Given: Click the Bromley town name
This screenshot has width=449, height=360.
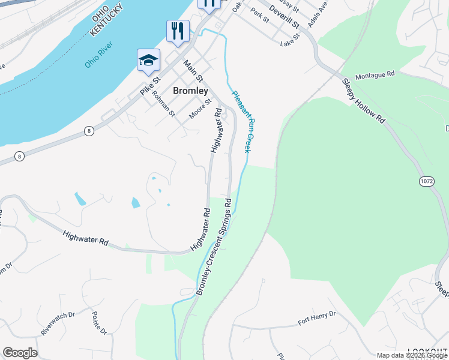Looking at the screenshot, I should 190,91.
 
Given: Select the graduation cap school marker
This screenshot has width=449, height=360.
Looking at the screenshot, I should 148,60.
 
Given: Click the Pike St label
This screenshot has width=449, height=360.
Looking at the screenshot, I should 151,84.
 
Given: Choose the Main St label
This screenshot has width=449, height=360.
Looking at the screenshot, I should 194,71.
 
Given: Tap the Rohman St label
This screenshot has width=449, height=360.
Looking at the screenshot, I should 163,103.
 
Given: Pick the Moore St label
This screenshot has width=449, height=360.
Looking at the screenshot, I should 201,109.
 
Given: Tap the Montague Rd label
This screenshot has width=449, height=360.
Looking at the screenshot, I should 375,76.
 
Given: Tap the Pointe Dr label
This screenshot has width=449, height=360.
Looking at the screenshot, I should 99,323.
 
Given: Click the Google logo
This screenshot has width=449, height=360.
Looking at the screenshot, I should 20,353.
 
